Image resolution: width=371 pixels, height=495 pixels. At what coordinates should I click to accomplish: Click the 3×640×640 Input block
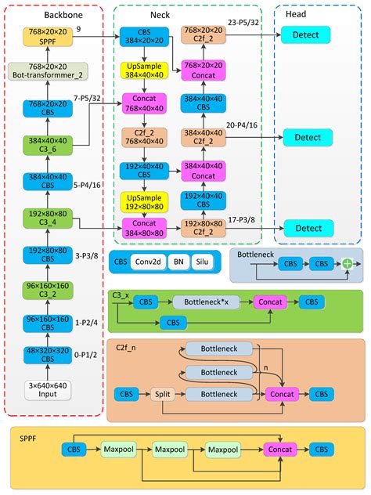point(49,390)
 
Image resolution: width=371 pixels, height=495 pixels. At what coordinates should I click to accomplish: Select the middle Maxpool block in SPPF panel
point(167,450)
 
